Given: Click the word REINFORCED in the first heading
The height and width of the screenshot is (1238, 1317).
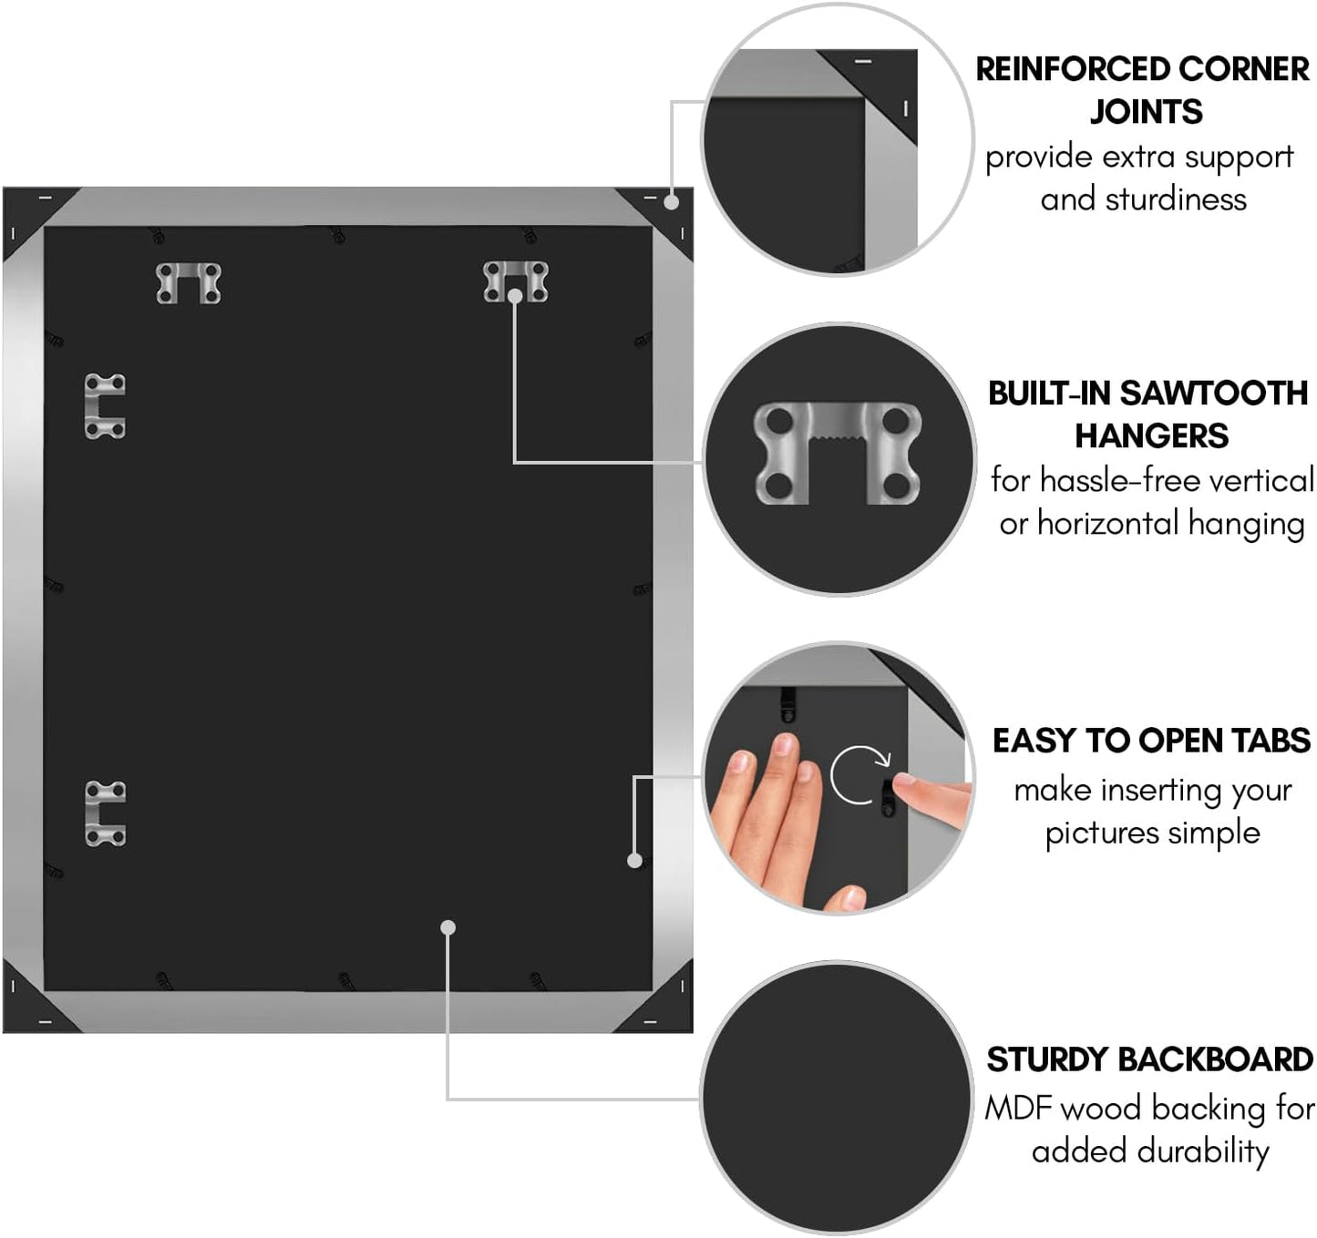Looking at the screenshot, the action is point(1070,69).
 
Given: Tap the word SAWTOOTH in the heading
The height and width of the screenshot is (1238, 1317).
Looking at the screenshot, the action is point(1213,394).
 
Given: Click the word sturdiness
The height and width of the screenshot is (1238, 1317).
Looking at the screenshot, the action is point(1176,199).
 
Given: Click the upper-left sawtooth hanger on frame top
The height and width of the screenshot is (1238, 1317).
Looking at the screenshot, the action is point(189,283).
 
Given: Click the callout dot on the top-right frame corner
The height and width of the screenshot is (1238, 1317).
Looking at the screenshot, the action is point(672,202).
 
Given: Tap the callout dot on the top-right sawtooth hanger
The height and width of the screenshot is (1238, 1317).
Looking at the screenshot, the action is point(515,296).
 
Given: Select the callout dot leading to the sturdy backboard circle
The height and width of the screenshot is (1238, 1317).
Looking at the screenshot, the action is point(448,927).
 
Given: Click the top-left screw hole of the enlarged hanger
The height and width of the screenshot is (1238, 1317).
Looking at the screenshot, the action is point(778,421).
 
